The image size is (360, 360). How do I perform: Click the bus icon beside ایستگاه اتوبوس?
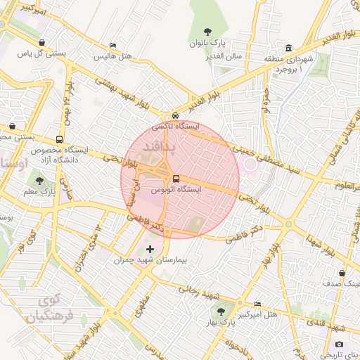coord(176,178)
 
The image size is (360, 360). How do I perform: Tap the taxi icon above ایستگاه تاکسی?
coord(176,116)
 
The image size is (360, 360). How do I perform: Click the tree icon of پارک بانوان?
coord(207,31)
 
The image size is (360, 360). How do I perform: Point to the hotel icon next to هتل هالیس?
coord(112,45)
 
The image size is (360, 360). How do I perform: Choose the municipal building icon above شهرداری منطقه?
coord(289,47)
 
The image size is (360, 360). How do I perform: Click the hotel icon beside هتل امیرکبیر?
coord(257,303)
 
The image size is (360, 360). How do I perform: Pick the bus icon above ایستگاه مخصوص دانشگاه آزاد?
coord(60,139)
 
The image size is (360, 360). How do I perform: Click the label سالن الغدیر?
coord(226,56)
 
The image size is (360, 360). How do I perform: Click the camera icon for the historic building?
coord(340,345)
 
